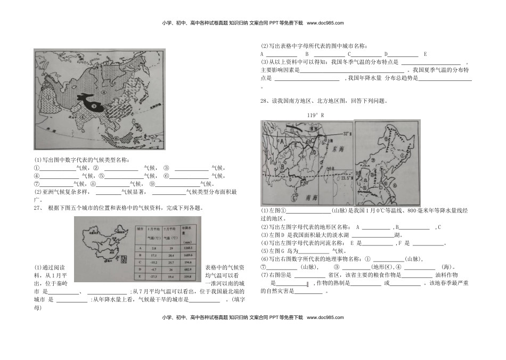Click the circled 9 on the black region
95,106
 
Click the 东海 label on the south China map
339,151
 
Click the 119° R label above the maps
316,115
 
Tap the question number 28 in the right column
264,101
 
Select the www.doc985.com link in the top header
325,23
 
